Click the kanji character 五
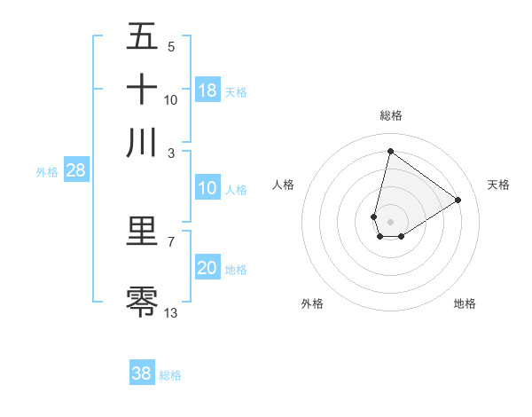(x=143, y=37)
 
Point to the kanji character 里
(x=143, y=232)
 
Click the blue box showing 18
(x=207, y=90)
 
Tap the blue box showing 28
(x=75, y=171)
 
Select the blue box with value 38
(x=142, y=374)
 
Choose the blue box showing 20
(x=207, y=269)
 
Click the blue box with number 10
(x=207, y=188)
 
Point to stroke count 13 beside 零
(x=171, y=312)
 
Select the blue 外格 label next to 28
(x=47, y=172)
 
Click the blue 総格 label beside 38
(x=170, y=375)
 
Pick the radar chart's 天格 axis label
(x=498, y=185)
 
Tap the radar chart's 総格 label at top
(x=390, y=115)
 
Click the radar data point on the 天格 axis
(x=458, y=200)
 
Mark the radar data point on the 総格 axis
(x=390, y=151)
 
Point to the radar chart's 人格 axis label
(x=284, y=185)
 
